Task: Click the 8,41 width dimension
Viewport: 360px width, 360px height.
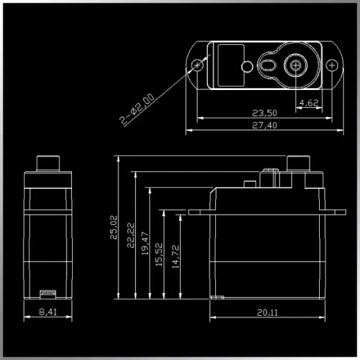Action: click(48, 312)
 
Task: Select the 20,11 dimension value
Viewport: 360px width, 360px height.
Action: click(267, 312)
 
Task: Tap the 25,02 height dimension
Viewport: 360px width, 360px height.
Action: click(114, 227)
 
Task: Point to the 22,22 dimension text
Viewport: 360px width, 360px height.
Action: click(131, 235)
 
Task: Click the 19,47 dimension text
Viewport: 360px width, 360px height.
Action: click(145, 244)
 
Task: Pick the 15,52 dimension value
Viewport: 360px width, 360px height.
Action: click(159, 255)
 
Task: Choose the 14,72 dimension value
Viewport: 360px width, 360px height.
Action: click(176, 257)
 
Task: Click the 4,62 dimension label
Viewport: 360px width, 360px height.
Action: click(309, 102)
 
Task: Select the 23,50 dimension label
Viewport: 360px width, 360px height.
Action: click(264, 113)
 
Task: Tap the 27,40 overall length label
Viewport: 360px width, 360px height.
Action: click(264, 125)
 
